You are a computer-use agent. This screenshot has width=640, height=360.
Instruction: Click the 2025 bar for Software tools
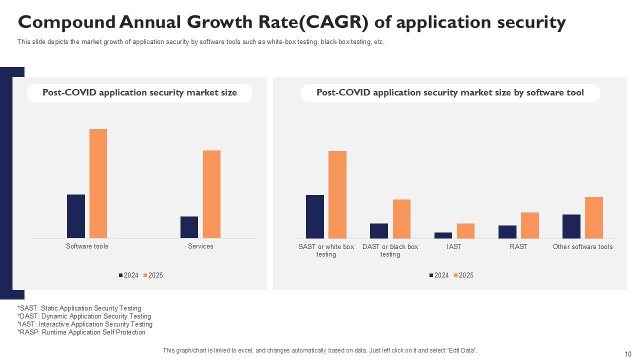98,183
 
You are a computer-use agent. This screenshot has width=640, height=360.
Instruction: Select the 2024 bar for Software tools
76,216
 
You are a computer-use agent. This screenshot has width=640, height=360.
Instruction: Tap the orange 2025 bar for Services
211,194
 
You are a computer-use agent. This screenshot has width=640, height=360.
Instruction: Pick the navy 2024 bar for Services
189,227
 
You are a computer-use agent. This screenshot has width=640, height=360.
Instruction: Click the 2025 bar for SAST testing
337,194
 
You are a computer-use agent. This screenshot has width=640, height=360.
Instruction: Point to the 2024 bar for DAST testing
379,230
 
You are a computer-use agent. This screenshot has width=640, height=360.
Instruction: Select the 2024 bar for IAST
443,235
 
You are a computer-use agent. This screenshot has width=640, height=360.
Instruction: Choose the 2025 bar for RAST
530,225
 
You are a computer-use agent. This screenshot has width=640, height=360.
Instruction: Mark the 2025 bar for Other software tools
594,217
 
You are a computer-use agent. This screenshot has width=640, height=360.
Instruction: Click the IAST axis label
454,246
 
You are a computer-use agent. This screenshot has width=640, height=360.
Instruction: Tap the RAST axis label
518,246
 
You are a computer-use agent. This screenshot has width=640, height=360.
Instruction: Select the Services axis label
200,246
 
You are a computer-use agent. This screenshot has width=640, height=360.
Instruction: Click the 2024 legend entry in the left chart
128,275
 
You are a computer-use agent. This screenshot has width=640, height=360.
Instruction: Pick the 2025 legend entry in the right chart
463,275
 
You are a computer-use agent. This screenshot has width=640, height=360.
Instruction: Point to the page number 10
628,354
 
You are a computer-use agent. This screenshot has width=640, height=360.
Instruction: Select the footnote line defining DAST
84,316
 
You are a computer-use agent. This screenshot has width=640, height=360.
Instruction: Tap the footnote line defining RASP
81,332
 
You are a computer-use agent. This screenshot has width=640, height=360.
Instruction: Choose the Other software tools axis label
582,246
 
